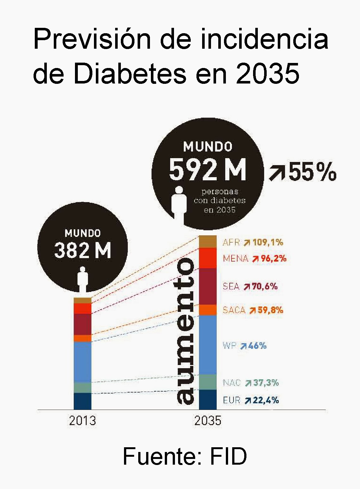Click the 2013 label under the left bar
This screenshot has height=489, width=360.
coord(82,421)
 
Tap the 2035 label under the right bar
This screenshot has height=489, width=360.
coord(208,421)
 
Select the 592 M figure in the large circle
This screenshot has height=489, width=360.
coord(208,170)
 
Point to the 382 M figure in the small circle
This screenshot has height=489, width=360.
coord(83,250)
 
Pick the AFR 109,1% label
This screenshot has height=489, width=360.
coord(253,243)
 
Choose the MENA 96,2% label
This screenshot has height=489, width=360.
coord(254,259)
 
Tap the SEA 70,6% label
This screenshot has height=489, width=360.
coord(250,287)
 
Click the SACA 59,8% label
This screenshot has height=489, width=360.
coord(253,310)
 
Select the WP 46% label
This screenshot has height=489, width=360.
coord(245,346)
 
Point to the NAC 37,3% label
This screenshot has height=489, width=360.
coord(251,383)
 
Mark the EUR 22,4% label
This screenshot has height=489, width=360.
coord(251,400)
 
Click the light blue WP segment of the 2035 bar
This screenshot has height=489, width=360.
coord(208,345)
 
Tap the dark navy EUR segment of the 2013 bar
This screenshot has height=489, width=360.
coord(82,401)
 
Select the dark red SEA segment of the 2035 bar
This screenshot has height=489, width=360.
coord(208,286)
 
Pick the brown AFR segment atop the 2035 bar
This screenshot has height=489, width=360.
coord(208,242)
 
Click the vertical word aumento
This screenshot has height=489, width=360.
coord(185,331)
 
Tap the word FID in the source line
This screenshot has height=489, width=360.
coord(228,456)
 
